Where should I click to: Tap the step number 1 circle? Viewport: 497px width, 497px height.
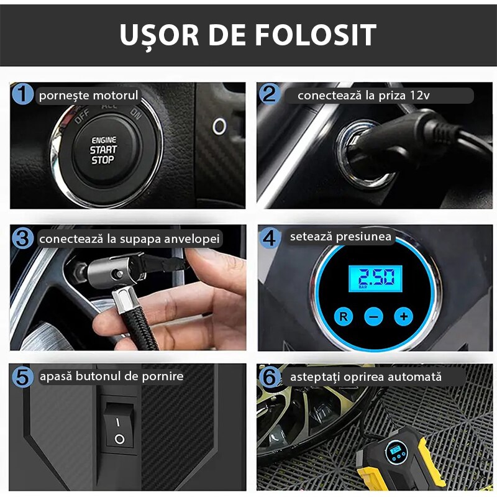(x=22, y=94)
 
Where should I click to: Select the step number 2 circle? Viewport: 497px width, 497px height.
(x=268, y=94)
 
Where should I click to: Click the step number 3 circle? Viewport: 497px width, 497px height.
(x=22, y=238)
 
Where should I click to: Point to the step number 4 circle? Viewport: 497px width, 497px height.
(x=269, y=237)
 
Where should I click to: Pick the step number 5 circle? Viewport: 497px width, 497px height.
(x=23, y=376)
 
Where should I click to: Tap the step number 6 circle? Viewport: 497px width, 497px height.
(x=269, y=376)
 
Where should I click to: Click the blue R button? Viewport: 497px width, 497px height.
(x=343, y=316)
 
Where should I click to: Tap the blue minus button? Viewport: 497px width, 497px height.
(x=373, y=316)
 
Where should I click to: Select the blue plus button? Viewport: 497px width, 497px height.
(x=404, y=316)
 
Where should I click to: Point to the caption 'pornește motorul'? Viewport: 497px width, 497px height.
(x=88, y=96)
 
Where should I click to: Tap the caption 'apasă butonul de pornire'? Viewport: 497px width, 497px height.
(x=111, y=376)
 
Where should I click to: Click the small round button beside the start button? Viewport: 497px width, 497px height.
(x=219, y=127)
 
